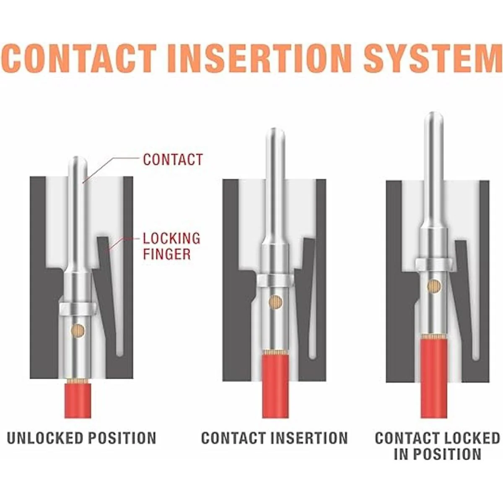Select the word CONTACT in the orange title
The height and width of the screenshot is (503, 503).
82,57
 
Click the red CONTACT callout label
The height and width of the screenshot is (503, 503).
173,160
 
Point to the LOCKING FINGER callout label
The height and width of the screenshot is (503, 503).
171,246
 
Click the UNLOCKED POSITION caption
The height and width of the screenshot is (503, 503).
82,438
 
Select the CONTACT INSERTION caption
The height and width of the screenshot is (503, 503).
275,438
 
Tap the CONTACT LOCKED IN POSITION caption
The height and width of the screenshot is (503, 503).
437,446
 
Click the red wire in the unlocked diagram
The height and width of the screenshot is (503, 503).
78,400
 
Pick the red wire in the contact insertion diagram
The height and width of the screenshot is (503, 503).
275,386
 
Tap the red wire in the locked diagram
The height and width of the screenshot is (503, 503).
434,377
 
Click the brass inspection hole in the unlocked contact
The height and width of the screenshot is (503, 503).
78,331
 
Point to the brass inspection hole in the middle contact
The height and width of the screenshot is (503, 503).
275,302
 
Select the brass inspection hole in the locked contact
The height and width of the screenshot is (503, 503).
434,286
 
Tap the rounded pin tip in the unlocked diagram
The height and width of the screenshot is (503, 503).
78,163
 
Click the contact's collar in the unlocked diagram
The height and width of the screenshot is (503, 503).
78,309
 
